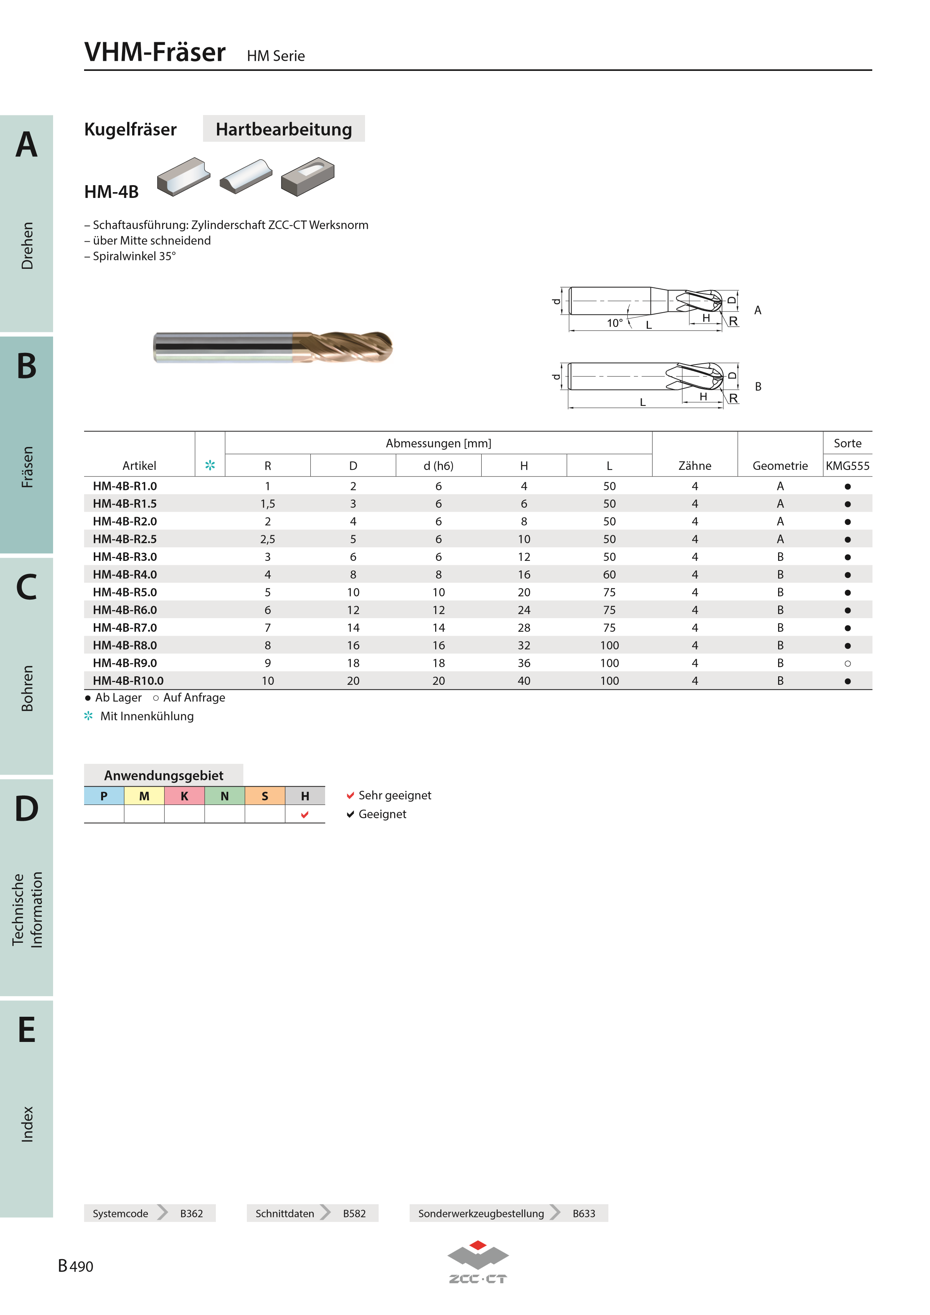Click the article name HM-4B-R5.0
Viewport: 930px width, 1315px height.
click(x=125, y=592)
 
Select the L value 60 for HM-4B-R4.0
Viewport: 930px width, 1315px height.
click(x=609, y=574)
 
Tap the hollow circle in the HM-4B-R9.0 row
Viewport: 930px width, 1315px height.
click(x=847, y=663)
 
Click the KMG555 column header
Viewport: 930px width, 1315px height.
click(x=847, y=466)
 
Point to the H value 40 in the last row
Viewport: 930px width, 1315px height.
click(x=524, y=681)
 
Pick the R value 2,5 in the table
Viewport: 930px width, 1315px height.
click(x=268, y=539)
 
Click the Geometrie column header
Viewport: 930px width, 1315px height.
click(x=780, y=466)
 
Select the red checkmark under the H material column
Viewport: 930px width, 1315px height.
click(x=305, y=815)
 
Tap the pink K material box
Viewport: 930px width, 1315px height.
click(x=184, y=796)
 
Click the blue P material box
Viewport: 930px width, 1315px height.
click(x=104, y=796)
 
